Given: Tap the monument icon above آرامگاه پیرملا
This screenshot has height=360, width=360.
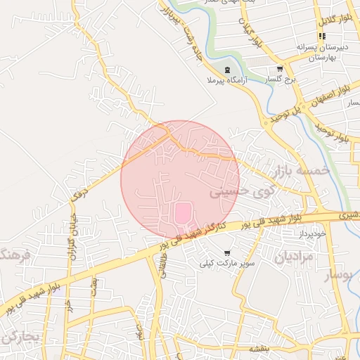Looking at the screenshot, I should pyautogui.click(x=227, y=70).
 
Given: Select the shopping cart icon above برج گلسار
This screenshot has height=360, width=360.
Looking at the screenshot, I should pyautogui.click(x=280, y=69).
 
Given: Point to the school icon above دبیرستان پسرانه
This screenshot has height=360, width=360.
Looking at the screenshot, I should pyautogui.click(x=322, y=36).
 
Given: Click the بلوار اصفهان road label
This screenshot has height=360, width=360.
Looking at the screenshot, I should pyautogui.click(x=337, y=86).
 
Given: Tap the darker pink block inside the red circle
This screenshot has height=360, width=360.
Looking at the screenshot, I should pyautogui.click(x=181, y=212).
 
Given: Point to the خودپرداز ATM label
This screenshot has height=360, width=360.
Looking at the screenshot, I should pyautogui.click(x=313, y=231).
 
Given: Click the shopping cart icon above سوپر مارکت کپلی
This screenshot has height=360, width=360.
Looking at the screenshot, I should pyautogui.click(x=226, y=252).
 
